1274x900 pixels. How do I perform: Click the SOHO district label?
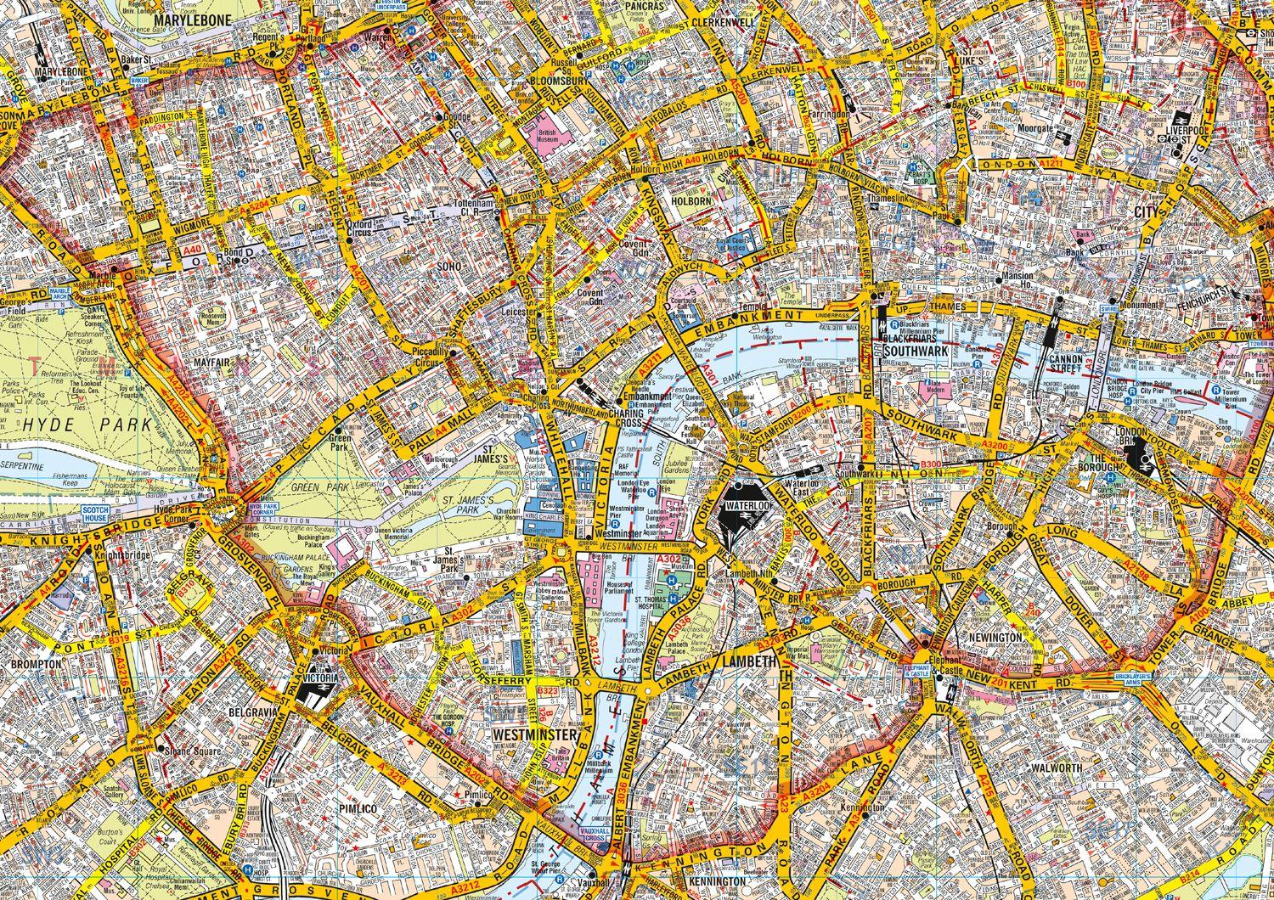tap(449, 266)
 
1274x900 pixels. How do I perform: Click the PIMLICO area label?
tap(357, 809)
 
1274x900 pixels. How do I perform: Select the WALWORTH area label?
tap(1057, 768)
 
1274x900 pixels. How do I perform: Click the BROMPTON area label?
tap(37, 663)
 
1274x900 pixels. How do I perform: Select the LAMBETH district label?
tap(750, 661)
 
